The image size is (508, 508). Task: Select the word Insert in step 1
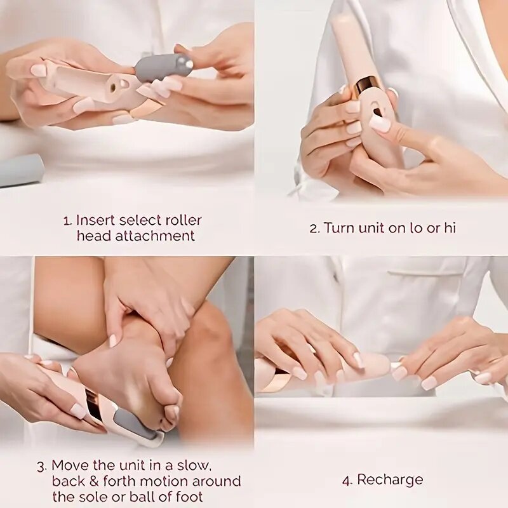coord(96,220)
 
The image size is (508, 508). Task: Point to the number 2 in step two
coord(314,229)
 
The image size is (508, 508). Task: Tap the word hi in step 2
coord(449,228)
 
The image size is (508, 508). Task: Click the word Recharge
coord(390,480)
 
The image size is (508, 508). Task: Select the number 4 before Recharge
coord(347,481)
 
